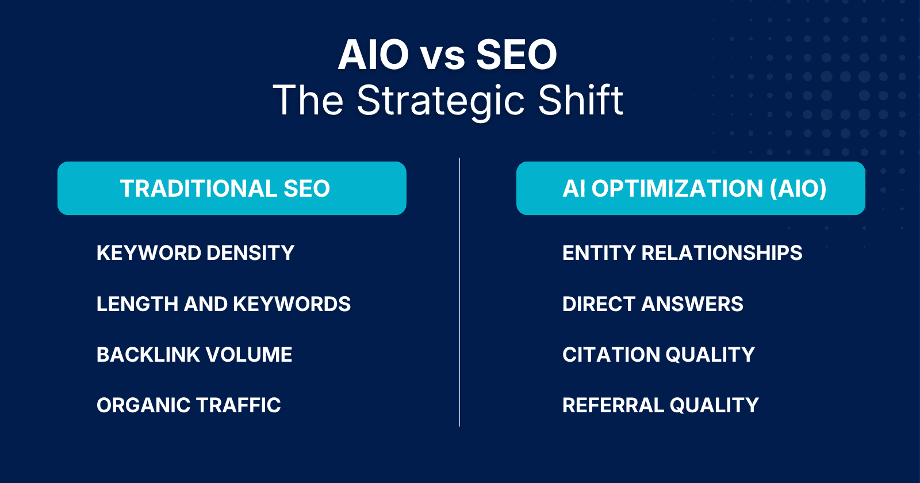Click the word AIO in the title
tap(373, 55)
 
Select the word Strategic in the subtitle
tap(440, 101)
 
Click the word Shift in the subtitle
tap(580, 100)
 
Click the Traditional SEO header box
tap(232, 188)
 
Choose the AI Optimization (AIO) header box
tap(691, 188)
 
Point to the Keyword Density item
tap(195, 252)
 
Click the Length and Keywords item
tap(224, 304)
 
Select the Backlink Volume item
tap(194, 354)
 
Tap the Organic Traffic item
tap(189, 405)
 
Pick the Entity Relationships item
tap(682, 252)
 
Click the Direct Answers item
tap(653, 304)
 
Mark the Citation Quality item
tap(658, 354)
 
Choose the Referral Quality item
tap(661, 405)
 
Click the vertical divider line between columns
tap(459, 292)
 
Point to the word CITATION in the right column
tap(611, 354)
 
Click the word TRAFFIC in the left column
tap(238, 405)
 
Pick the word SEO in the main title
tap(516, 55)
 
